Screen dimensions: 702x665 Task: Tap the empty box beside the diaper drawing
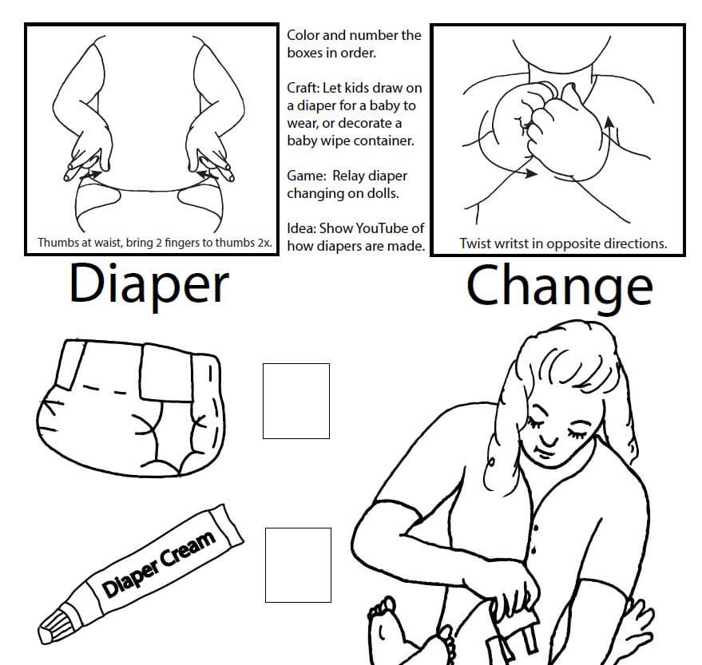click(296, 401)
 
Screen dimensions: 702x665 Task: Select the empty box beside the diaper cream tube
click(298, 565)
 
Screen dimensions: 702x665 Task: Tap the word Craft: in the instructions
click(303, 88)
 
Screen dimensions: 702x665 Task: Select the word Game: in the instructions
click(307, 176)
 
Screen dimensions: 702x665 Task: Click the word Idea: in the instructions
click(302, 228)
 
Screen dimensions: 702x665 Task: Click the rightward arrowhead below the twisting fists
click(531, 172)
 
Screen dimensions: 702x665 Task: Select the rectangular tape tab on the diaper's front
click(166, 373)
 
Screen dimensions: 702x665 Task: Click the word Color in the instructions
click(303, 35)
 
